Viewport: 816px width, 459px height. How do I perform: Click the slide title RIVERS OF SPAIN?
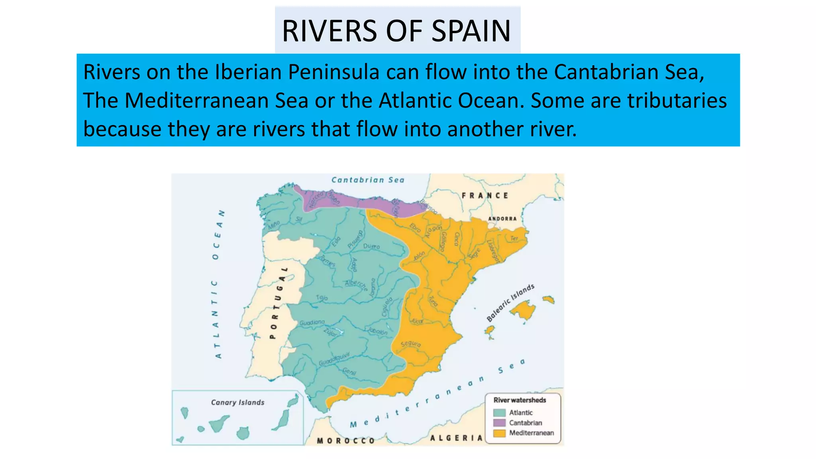click(396, 31)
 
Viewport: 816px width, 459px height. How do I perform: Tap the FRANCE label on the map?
click(485, 196)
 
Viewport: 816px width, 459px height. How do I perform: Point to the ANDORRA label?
click(502, 219)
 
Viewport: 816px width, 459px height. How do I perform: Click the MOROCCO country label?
click(346, 441)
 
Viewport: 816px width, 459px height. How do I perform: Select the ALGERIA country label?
click(456, 438)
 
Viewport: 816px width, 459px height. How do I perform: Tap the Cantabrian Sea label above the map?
click(368, 180)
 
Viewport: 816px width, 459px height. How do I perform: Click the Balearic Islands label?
click(510, 303)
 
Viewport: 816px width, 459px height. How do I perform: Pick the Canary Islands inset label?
click(237, 402)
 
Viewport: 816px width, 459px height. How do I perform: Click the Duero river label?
click(371, 247)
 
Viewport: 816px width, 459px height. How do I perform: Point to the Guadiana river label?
click(312, 322)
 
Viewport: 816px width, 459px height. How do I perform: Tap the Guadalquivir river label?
click(334, 359)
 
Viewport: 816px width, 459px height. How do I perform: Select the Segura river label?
click(410, 344)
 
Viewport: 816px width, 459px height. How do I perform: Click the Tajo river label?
click(322, 298)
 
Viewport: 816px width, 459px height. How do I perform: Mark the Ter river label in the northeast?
click(514, 238)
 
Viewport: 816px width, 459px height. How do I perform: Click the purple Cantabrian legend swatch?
click(499, 423)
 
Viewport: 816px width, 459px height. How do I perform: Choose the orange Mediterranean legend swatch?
click(499, 433)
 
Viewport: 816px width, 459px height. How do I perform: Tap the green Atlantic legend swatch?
click(499, 413)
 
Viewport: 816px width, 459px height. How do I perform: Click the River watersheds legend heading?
click(520, 400)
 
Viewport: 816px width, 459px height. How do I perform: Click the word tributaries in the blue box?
click(677, 100)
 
